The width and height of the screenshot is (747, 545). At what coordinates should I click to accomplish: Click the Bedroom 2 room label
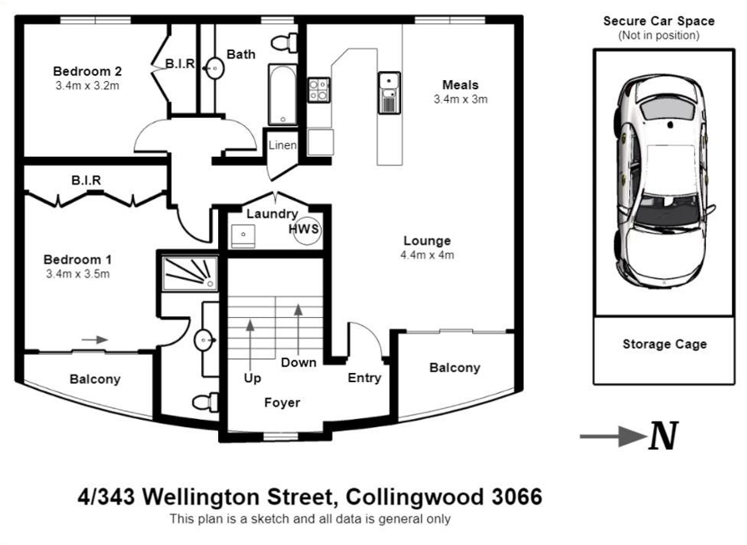[88, 71]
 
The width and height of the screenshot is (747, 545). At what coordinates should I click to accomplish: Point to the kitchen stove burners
[318, 89]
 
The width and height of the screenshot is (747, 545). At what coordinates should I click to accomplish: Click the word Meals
[460, 84]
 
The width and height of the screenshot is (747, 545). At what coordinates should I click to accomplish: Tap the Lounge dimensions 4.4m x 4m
[427, 255]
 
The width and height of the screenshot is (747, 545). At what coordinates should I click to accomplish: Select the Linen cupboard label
[282, 145]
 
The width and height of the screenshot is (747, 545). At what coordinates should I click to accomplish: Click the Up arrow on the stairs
[252, 346]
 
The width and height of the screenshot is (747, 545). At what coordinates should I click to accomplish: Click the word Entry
[364, 377]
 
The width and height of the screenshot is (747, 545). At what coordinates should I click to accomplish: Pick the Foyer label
[282, 402]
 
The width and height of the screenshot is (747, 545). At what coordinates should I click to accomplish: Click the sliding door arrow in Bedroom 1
[95, 340]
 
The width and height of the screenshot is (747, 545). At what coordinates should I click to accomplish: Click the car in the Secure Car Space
[663, 181]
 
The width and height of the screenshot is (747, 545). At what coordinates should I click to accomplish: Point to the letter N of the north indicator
[663, 437]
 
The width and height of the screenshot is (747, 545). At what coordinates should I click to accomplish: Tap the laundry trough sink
[243, 237]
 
